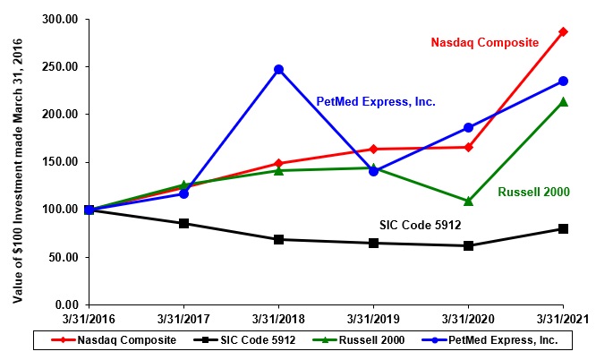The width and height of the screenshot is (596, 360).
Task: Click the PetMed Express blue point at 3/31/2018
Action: (x=278, y=69)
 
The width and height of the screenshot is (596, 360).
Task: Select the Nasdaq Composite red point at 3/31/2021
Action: (x=563, y=31)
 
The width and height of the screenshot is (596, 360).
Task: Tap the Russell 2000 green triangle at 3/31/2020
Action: (x=468, y=201)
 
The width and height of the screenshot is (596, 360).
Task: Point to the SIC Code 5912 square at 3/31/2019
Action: (x=373, y=243)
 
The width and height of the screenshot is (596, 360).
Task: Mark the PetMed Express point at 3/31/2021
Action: (x=563, y=81)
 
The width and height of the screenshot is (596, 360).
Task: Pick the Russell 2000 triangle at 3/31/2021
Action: (x=563, y=102)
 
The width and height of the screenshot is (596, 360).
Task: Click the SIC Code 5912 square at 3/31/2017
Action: (x=183, y=223)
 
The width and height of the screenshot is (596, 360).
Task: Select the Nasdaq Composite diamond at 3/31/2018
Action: (x=278, y=163)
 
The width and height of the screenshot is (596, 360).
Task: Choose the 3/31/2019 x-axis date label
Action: (x=373, y=318)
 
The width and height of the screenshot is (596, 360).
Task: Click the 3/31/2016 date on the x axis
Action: (x=89, y=318)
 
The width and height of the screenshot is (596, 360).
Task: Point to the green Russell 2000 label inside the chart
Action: (x=533, y=192)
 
